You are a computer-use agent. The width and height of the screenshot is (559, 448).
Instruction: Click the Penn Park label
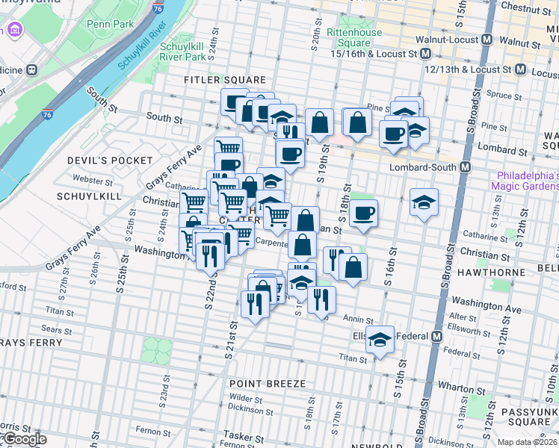(110, 24)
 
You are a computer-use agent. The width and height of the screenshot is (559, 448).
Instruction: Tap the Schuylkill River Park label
(182, 52)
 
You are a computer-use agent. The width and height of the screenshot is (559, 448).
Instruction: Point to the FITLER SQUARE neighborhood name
(226, 80)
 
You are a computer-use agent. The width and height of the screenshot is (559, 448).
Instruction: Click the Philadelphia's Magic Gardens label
(527, 180)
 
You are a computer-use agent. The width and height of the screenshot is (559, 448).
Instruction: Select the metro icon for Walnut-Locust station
(487, 39)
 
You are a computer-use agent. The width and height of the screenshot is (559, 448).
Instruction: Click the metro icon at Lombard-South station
(464, 167)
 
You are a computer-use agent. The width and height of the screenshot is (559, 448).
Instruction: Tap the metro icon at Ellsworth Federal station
(436, 336)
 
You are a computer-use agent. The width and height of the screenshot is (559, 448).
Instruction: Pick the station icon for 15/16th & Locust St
(424, 54)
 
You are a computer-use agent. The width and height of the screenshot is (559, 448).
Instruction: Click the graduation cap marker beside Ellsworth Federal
(380, 340)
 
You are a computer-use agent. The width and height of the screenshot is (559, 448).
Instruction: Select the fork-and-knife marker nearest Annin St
(322, 299)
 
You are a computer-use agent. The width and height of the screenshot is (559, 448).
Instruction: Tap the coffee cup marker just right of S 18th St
(364, 213)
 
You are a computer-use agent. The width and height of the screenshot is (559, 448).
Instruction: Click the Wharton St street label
(456, 388)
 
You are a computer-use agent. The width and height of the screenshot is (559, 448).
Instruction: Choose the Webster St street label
(93, 181)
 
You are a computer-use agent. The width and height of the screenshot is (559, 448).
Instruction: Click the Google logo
(25, 439)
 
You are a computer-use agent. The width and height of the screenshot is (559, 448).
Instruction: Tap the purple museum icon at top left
(14, 31)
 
